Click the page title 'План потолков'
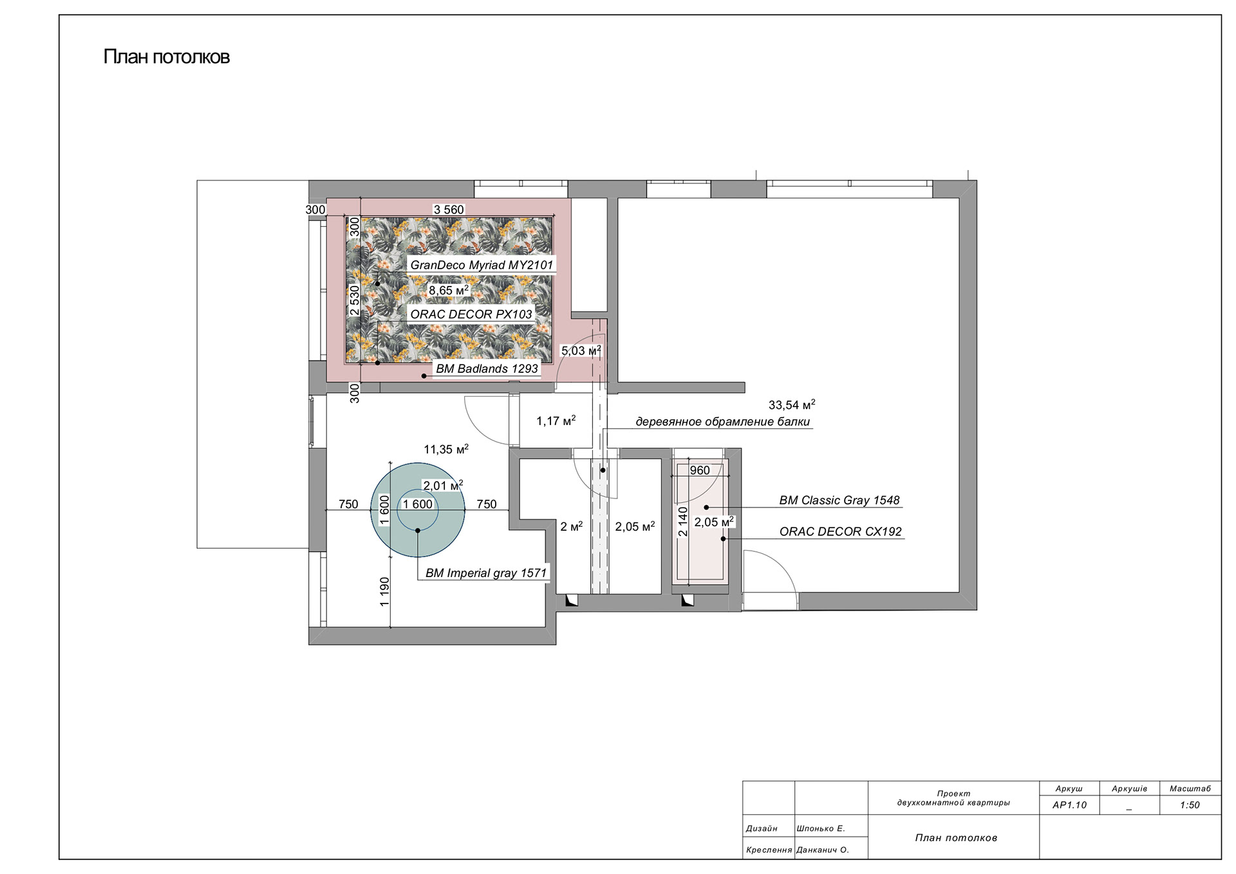[x=166, y=57]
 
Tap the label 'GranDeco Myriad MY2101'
[x=482, y=265]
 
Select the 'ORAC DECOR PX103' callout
[x=471, y=314]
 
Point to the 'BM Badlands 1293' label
[x=487, y=369]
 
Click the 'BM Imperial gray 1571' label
[x=486, y=573]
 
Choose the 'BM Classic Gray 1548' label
[x=839, y=500]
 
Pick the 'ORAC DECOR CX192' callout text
[x=841, y=532]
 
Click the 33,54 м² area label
[x=792, y=405]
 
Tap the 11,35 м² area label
[x=446, y=450]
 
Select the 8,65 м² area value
[x=449, y=290]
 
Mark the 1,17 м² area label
[x=556, y=421]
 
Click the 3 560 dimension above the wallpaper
[x=449, y=210]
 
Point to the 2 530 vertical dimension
[x=355, y=300]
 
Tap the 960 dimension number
[x=700, y=471]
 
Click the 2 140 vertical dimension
[x=683, y=522]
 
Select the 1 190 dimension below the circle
[x=385, y=592]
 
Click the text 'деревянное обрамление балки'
[x=723, y=422]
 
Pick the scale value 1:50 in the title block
[x=1190, y=805]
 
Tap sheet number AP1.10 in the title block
[x=1069, y=805]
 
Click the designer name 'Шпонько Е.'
[x=821, y=829]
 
